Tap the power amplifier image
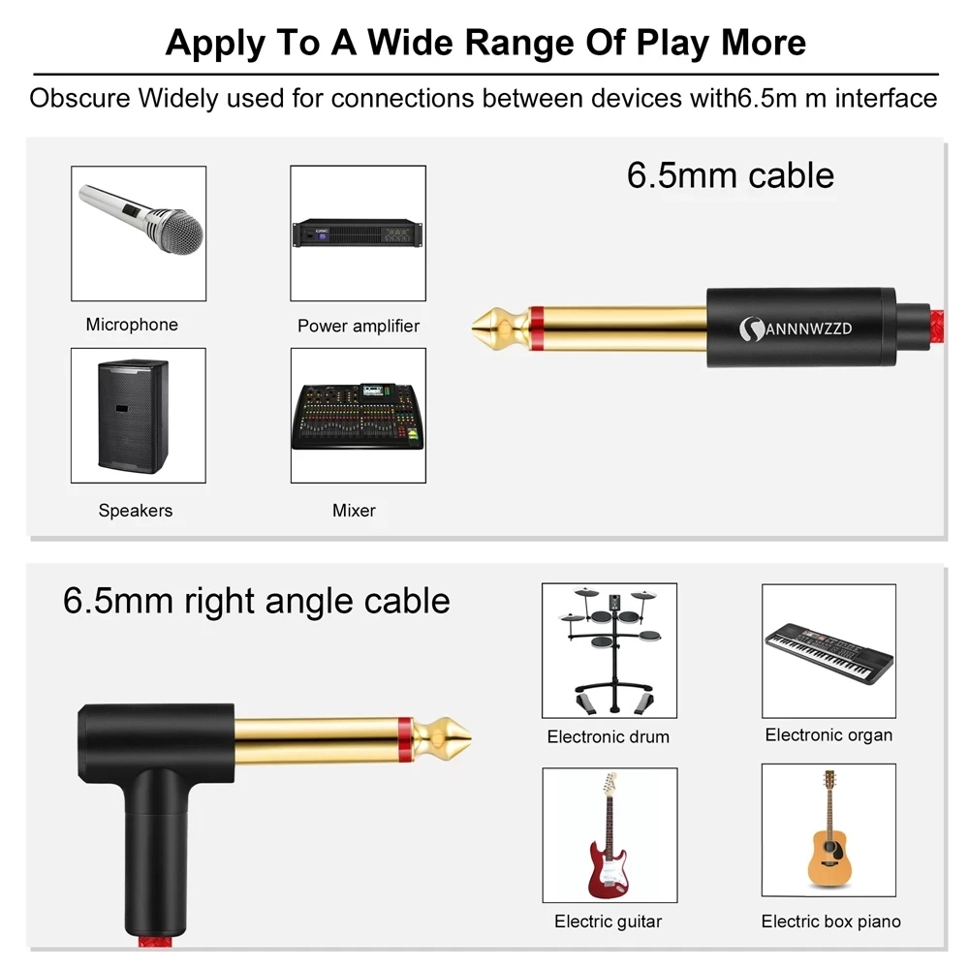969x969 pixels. pyautogui.click(x=358, y=234)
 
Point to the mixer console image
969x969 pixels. pyautogui.click(x=358, y=416)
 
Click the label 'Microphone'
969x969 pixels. pyautogui.click(x=132, y=325)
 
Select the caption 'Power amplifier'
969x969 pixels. pyautogui.click(x=359, y=326)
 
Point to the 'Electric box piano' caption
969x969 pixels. pyautogui.click(x=830, y=921)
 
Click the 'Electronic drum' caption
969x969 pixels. pyautogui.click(x=608, y=736)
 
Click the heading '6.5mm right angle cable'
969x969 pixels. pyautogui.click(x=257, y=601)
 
